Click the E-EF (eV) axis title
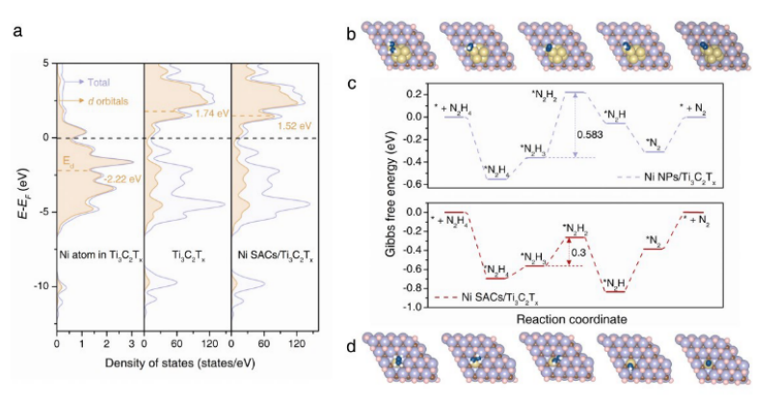point(19,183)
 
